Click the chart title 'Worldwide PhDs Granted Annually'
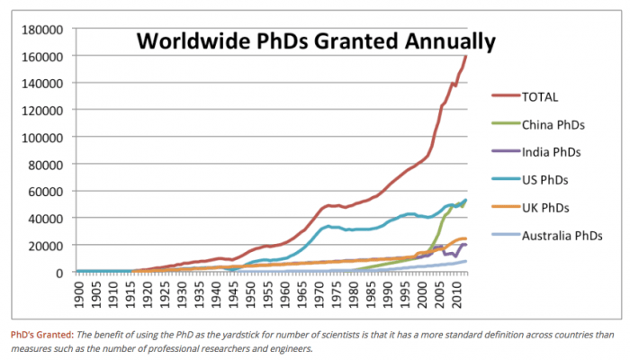point(315,40)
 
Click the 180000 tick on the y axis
point(42,29)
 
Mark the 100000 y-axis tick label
point(42,137)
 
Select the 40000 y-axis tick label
point(45,218)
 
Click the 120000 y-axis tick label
point(42,110)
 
